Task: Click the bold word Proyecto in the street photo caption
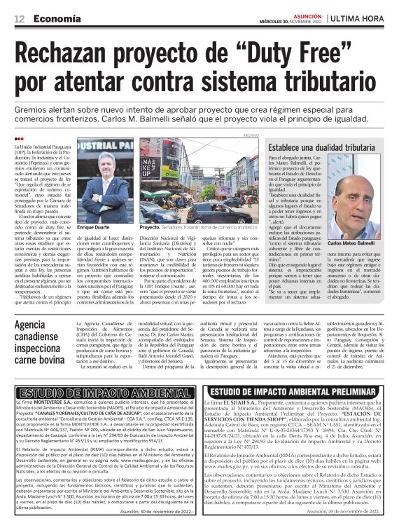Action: pos(150,229)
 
